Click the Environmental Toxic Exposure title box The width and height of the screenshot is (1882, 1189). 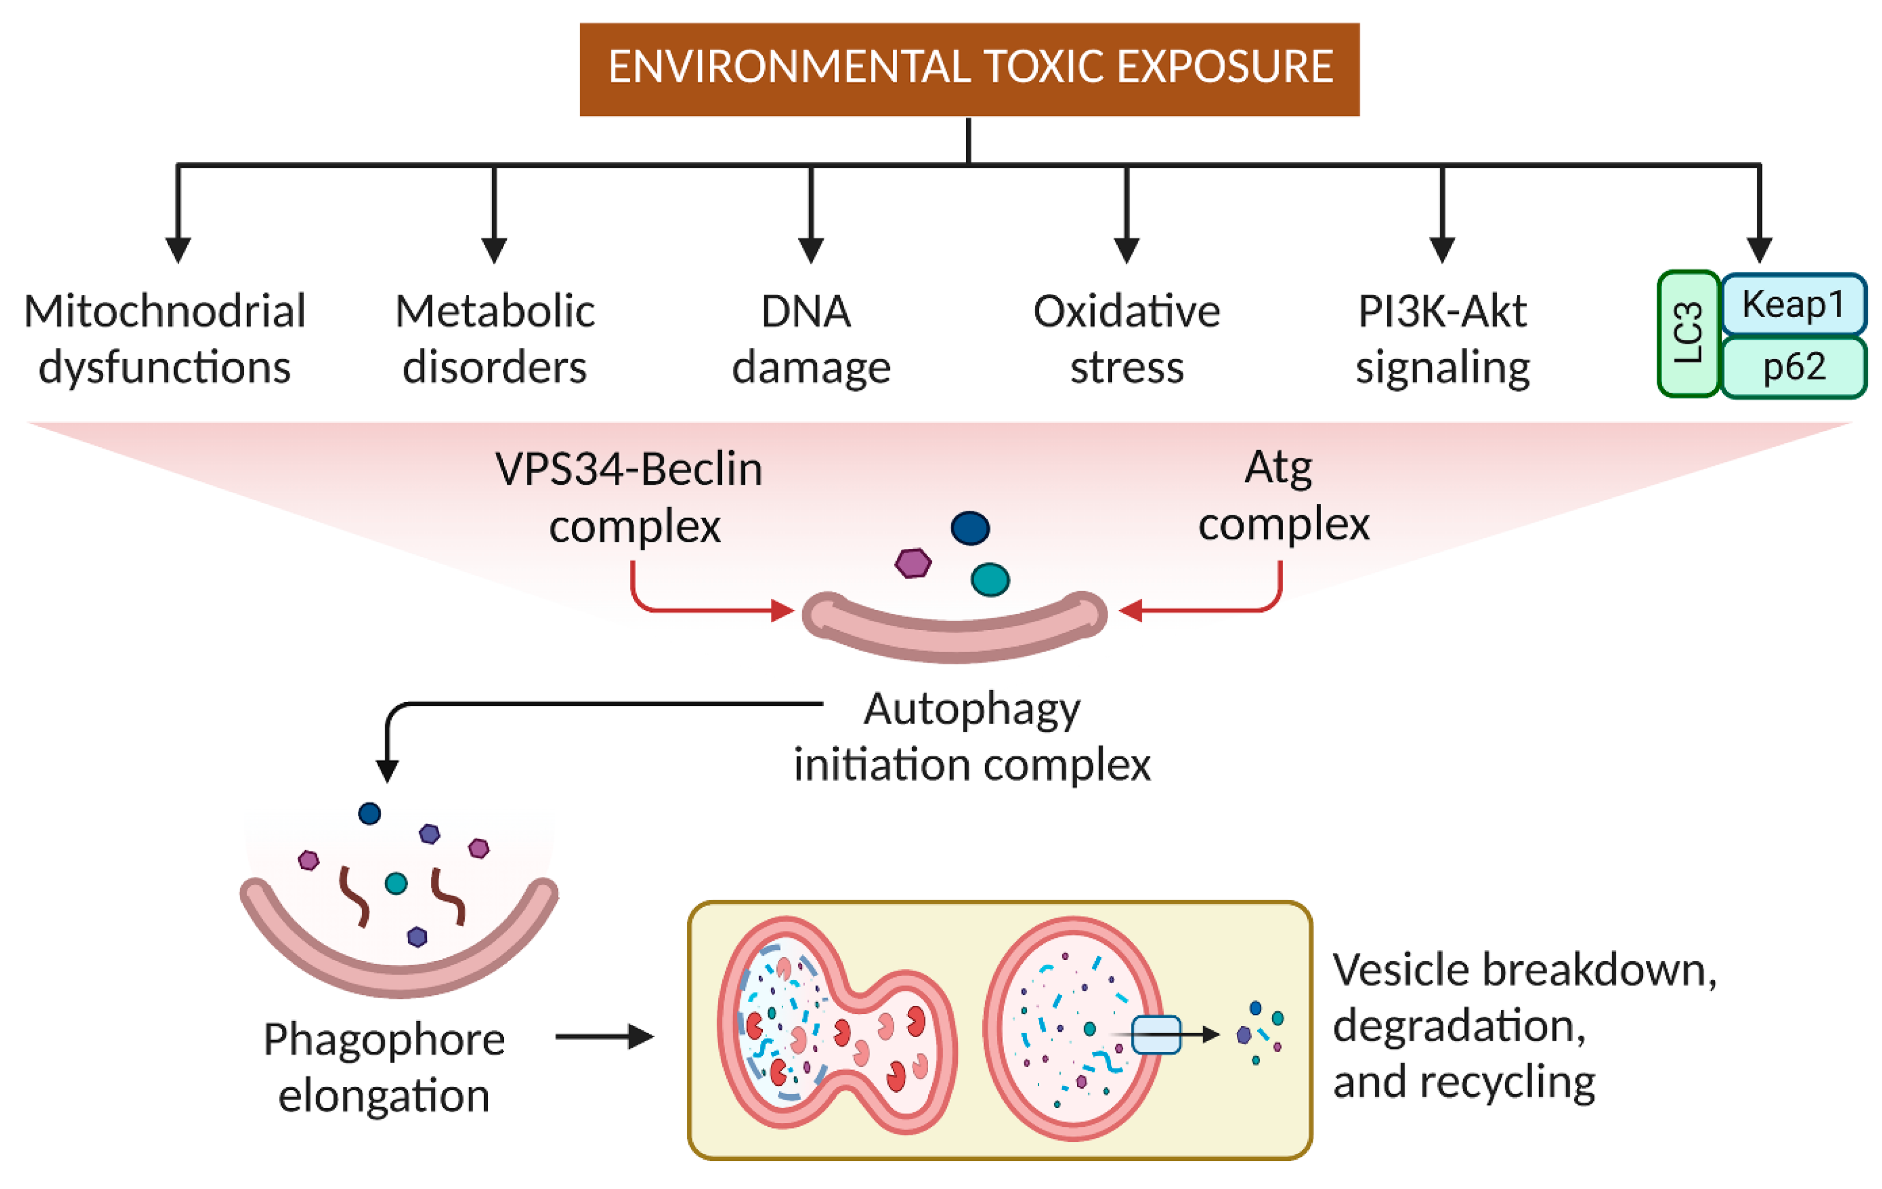point(969,69)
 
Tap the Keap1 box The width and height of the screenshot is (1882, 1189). point(1793,304)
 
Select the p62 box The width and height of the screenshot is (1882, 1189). point(1793,366)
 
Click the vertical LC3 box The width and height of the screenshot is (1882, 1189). point(1688,333)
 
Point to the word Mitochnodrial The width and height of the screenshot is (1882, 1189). point(164,311)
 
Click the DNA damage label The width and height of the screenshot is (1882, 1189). point(810,339)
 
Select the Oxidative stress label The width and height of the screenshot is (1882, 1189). point(1126,339)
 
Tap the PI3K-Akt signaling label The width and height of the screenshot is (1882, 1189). point(1442,339)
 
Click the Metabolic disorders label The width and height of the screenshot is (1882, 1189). point(495,339)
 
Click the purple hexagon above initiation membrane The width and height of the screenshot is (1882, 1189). point(913,562)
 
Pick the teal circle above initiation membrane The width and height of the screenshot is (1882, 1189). point(990,580)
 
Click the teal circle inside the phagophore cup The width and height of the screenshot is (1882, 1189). point(396,883)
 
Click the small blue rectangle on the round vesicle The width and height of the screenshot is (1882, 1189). point(1156,1034)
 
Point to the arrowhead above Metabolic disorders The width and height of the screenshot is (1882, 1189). point(494,251)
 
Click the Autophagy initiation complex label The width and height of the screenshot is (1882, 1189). point(971,737)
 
